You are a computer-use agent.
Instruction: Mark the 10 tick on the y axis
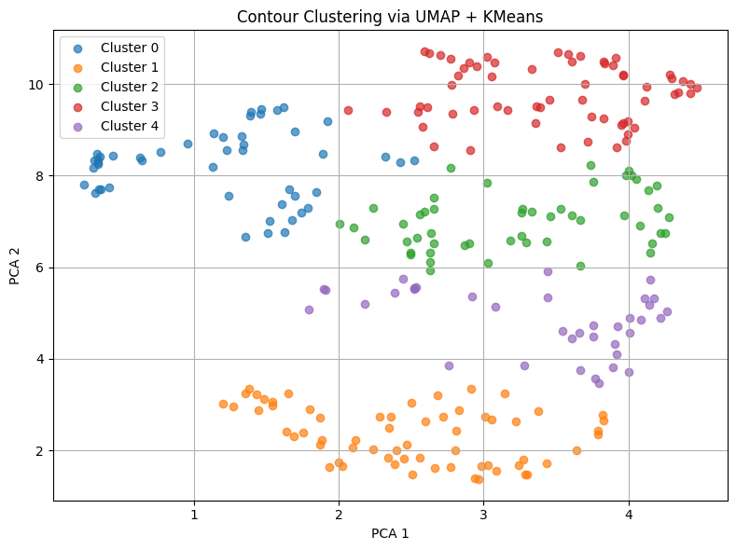pos(35,84)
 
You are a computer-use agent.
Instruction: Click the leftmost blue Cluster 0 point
pos(84,185)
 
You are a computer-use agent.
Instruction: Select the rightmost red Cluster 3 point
pos(697,89)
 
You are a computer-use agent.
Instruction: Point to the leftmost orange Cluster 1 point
pos(223,404)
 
